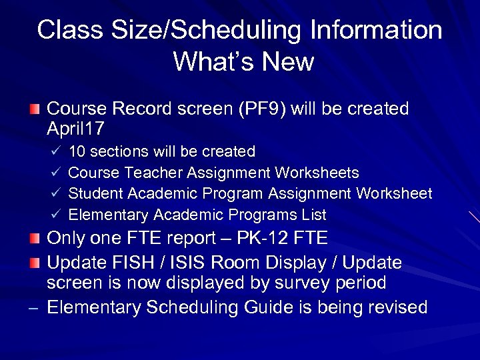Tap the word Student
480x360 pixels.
93,194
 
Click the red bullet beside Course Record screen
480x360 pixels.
35,109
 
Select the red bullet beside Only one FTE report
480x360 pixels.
35,239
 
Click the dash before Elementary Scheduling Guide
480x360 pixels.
35,308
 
